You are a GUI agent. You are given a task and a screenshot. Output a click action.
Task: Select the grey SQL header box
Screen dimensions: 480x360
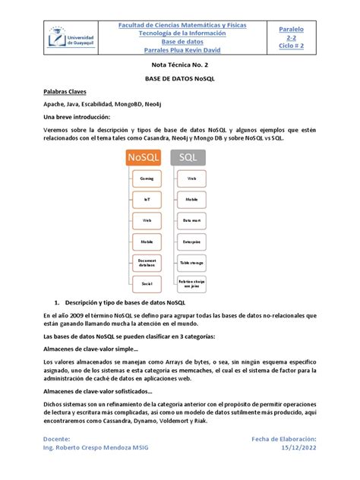pyautogui.click(x=192, y=157)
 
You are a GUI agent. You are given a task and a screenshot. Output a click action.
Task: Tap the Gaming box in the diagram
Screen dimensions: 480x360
pyautogui.click(x=147, y=178)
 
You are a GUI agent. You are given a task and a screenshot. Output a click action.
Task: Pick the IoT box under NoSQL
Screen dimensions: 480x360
pyautogui.click(x=147, y=200)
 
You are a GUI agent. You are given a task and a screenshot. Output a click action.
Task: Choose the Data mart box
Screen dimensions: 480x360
pyautogui.click(x=191, y=221)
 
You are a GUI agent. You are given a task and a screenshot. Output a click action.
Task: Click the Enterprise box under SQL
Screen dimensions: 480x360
pyautogui.click(x=191, y=242)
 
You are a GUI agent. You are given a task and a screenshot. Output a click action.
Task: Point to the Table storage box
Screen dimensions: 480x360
pyautogui.click(x=191, y=262)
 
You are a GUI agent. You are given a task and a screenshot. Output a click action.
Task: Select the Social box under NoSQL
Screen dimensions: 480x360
pyautogui.click(x=147, y=283)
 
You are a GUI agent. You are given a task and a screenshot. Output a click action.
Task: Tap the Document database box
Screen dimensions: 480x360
pyautogui.click(x=147, y=262)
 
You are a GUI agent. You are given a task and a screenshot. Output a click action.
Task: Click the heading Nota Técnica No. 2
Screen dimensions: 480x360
pyautogui.click(x=179, y=66)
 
